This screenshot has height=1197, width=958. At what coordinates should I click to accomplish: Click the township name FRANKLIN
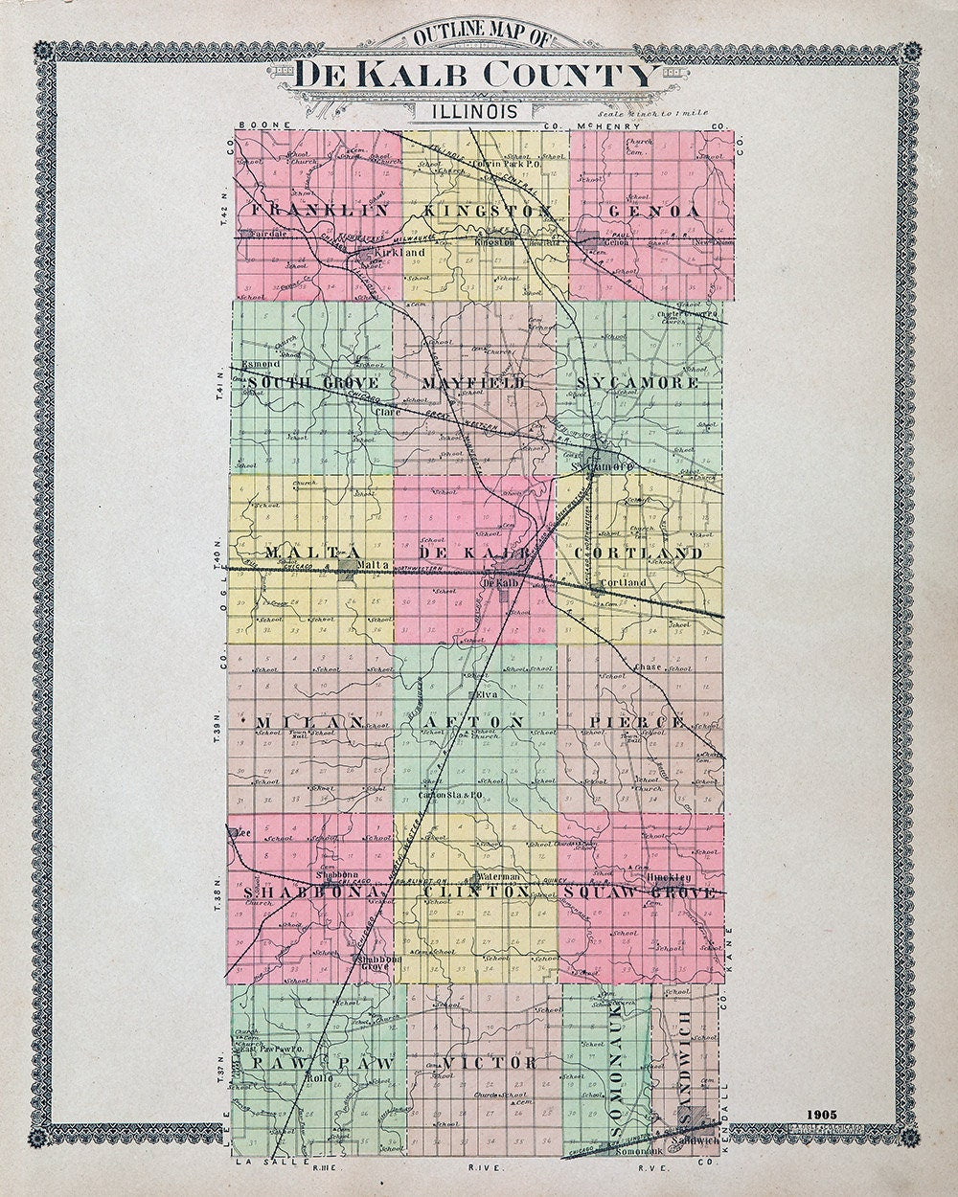tap(318, 209)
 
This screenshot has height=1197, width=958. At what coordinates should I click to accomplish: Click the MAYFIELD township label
tap(474, 383)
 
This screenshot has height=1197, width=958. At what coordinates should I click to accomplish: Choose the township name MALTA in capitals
tap(299, 553)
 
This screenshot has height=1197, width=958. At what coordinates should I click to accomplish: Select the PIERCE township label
tap(636, 720)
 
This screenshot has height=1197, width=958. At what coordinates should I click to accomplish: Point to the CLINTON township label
tap(475, 892)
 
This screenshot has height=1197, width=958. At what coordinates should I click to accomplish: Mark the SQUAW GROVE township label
tap(640, 892)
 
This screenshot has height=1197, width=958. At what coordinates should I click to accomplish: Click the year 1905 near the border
tap(822, 1115)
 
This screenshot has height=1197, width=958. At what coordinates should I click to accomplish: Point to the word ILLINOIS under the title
tap(475, 111)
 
